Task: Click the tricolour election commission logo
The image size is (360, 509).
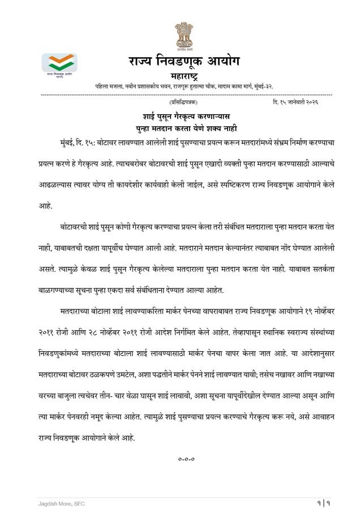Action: (59, 64)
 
